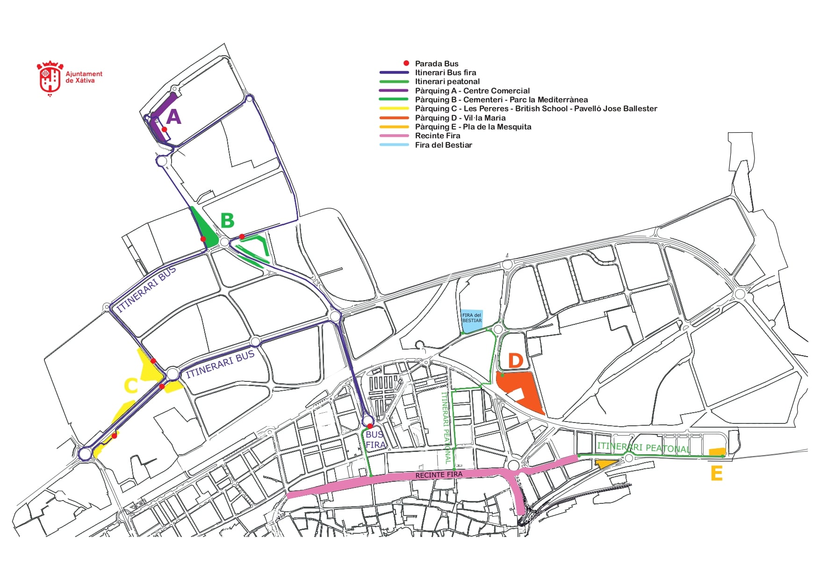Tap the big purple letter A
coord(173,116)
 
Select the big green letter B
coord(227,221)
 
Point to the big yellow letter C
coord(131,386)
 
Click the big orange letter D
coord(515,361)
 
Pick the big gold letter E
coord(716,473)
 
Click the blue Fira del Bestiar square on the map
coord(472,321)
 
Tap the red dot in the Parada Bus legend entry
coord(406,63)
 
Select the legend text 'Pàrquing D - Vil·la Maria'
coord(460,118)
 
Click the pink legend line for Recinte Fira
coord(394,136)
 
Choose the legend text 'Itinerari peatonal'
coord(447,81)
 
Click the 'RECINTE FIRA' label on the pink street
coord(439,475)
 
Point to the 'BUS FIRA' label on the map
coord(375,440)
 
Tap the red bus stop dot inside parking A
coord(165,129)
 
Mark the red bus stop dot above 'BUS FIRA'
coord(370,426)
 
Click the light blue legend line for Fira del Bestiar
coord(394,145)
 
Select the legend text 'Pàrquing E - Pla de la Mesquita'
coord(473,127)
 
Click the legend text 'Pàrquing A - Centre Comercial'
coord(472,91)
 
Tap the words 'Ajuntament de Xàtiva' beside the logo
coord(84,77)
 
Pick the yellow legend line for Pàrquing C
coord(394,109)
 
